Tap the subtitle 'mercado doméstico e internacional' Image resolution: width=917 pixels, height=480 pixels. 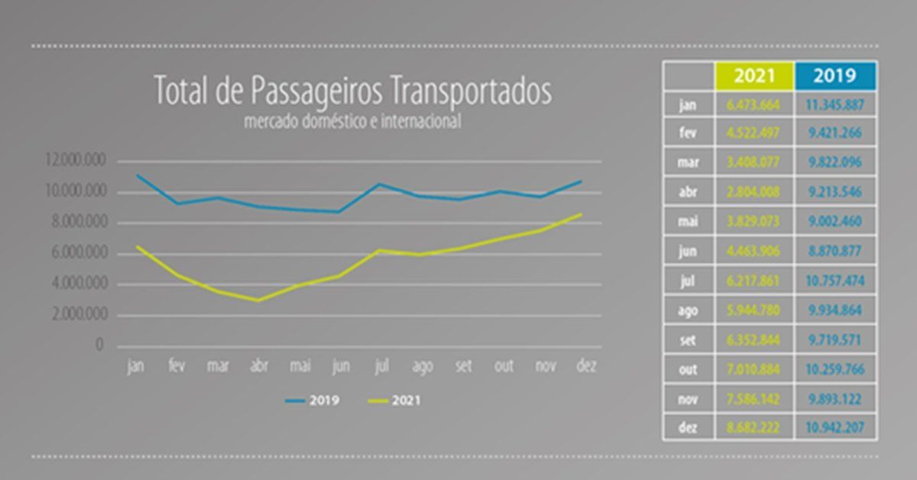pyautogui.click(x=352, y=121)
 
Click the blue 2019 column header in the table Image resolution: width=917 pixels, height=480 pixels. pyautogui.click(x=835, y=76)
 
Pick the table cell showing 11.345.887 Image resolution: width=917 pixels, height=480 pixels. pyautogui.click(x=835, y=104)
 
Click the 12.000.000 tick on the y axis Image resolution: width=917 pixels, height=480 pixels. pyautogui.click(x=75, y=161)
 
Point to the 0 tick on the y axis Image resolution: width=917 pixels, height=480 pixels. pyautogui.click(x=99, y=346)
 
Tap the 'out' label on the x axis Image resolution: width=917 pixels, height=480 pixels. pyautogui.click(x=504, y=367)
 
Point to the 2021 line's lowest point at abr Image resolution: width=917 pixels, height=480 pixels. pyautogui.click(x=260, y=300)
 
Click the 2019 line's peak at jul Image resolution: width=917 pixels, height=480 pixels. pyautogui.click(x=378, y=183)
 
